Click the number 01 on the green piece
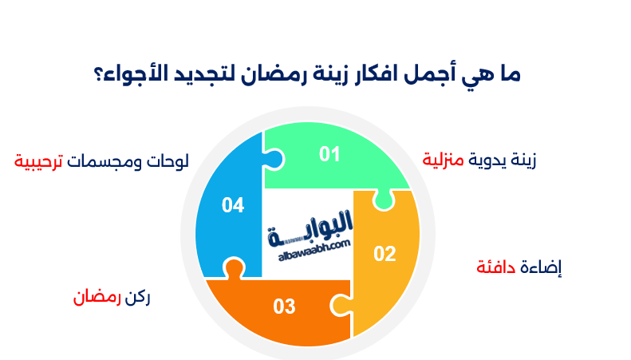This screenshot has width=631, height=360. (329, 154)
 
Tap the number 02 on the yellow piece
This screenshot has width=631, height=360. (385, 254)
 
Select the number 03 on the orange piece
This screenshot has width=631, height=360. (285, 306)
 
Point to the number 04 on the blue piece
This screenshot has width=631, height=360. (233, 205)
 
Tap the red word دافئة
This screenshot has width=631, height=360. (498, 267)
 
